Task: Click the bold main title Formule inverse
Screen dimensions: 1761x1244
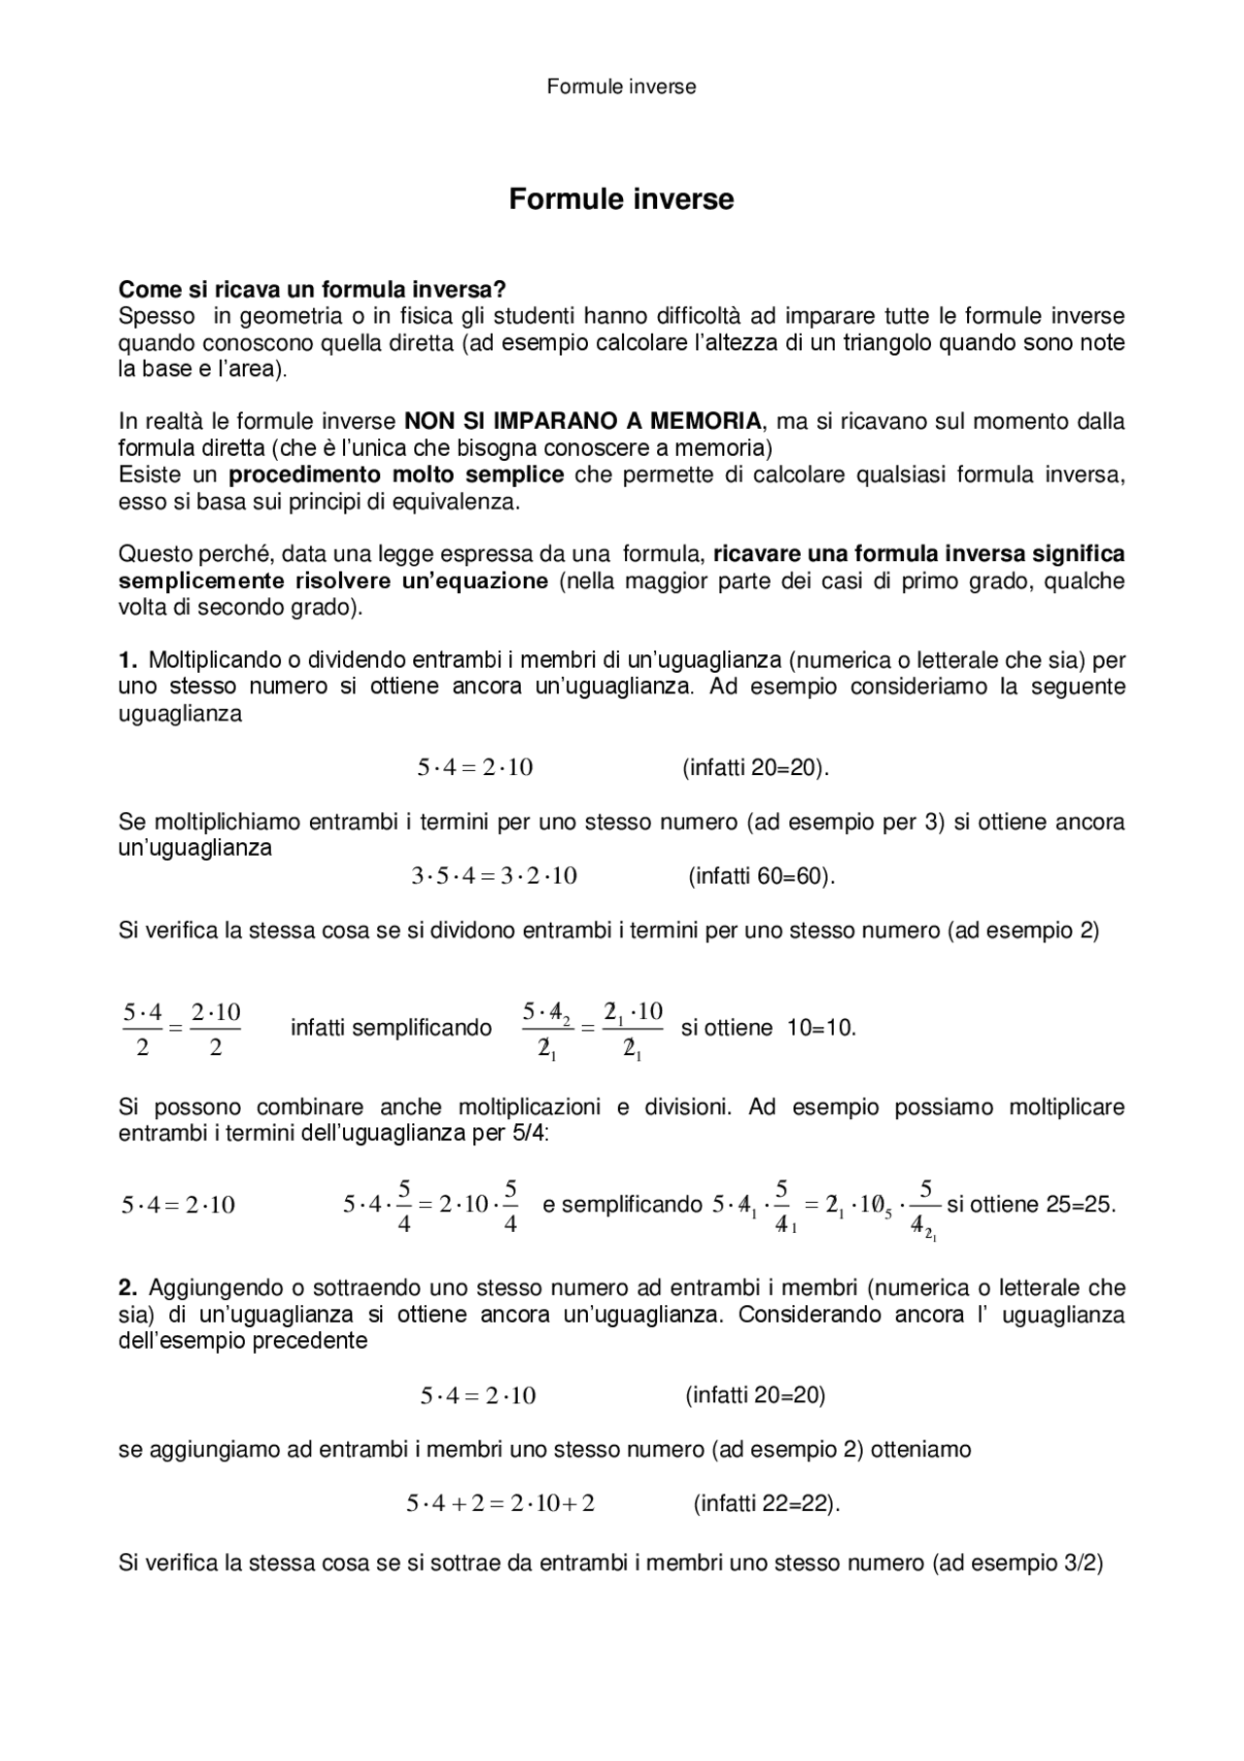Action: tap(621, 199)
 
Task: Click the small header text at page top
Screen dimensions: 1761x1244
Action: tap(621, 87)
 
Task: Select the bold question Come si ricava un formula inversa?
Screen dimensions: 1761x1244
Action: tap(312, 290)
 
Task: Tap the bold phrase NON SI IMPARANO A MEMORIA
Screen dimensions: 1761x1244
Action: tap(583, 422)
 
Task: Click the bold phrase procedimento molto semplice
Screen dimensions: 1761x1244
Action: tap(396, 475)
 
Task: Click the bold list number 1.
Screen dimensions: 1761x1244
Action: tap(128, 660)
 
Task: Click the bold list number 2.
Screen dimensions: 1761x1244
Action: tap(128, 1288)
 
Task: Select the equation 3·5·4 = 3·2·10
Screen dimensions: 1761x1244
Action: tap(494, 876)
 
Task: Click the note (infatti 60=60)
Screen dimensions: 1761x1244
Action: tap(762, 876)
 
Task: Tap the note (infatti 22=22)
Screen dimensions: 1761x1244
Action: tap(766, 1504)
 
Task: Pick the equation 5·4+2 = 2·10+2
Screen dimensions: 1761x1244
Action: tap(500, 1504)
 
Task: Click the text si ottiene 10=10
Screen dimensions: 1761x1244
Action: tap(768, 1028)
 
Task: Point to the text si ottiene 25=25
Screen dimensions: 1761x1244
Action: tap(1030, 1205)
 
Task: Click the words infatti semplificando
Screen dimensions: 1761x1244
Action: tap(391, 1028)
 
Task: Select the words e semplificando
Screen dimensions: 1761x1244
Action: tap(622, 1205)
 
